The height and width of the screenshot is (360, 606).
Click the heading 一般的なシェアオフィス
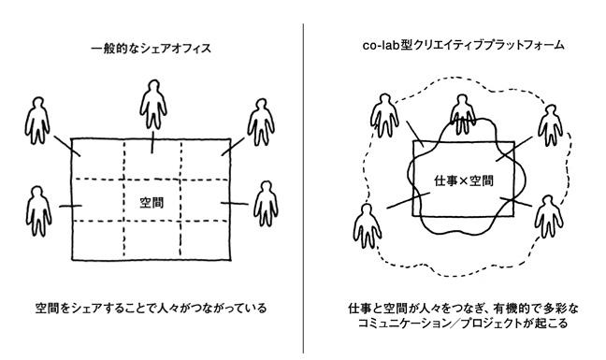click(151, 49)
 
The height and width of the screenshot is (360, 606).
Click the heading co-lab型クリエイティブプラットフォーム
click(463, 46)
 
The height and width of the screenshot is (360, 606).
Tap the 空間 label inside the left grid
click(151, 202)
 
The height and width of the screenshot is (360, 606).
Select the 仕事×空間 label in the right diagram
click(464, 180)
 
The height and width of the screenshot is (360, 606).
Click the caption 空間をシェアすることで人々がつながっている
click(151, 309)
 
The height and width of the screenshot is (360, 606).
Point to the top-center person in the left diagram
click(153, 105)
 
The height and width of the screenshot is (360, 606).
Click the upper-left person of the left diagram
click(37, 121)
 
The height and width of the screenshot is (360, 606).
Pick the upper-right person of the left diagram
click(261, 122)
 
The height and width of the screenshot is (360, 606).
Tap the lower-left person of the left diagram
click(38, 211)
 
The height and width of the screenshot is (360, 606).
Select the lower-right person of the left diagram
click(266, 204)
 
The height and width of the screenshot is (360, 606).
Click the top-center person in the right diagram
click(463, 114)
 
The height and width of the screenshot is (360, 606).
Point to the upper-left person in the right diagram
click(384, 116)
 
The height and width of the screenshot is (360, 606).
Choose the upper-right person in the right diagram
click(550, 125)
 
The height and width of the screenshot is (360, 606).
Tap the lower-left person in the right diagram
click(368, 226)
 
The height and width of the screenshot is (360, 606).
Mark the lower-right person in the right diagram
click(549, 216)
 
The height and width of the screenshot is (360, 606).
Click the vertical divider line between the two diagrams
click(303, 188)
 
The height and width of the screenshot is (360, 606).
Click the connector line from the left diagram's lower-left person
click(70, 206)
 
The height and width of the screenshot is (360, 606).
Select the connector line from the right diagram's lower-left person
click(408, 200)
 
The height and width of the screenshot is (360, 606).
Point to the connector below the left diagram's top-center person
click(152, 142)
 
